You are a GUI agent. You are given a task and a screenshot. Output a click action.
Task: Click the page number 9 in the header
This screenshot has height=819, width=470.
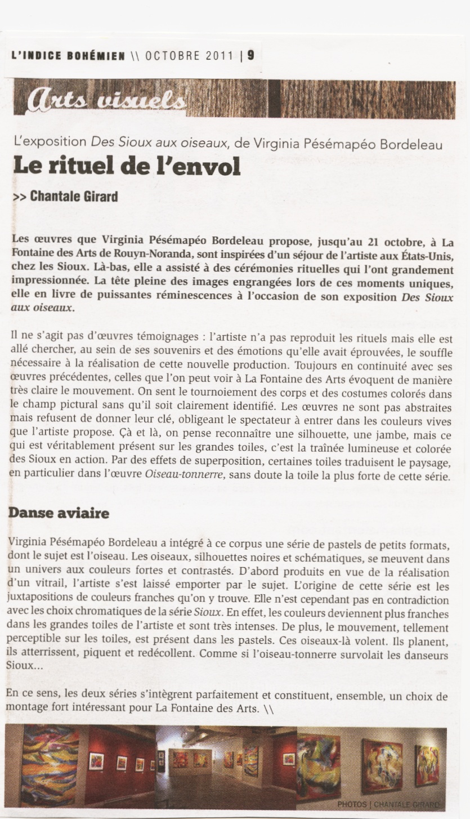click(x=250, y=55)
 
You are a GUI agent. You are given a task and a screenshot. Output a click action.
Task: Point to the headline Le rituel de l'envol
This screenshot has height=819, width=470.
click(x=127, y=167)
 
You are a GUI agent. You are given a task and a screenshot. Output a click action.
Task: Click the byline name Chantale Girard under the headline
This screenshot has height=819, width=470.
click(x=74, y=197)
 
